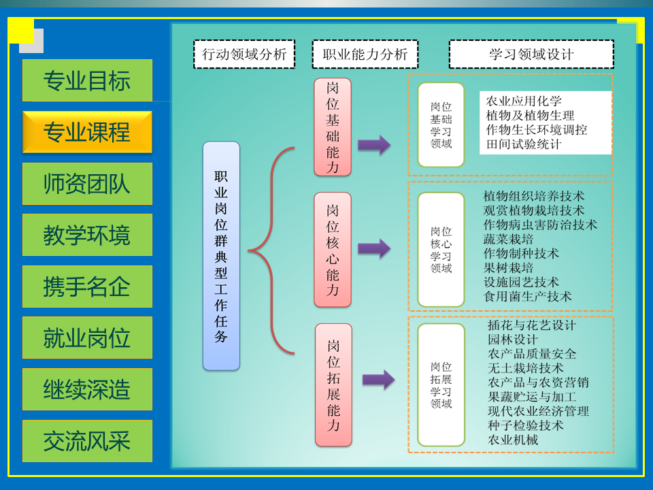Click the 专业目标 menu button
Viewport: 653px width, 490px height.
coord(87,81)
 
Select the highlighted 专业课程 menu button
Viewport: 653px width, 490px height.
coord(87,132)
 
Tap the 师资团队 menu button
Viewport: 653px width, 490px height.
coord(87,184)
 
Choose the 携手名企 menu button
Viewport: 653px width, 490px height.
coord(87,287)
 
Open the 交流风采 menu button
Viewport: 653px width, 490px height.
coord(87,441)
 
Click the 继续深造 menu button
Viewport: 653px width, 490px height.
coord(87,390)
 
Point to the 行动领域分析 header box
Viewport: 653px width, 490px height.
coord(244,54)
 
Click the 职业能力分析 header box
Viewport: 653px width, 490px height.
coord(365,54)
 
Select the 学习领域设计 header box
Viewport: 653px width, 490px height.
coord(531,54)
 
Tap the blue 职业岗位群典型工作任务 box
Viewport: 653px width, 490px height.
coord(221,256)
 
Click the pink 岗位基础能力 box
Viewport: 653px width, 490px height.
coord(333,127)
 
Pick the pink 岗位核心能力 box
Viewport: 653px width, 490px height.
coord(333,250)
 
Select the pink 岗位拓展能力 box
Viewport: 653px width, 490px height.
coord(333,385)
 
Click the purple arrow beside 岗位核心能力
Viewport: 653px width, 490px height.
coord(374,248)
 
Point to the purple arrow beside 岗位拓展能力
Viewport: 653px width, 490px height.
coord(378,380)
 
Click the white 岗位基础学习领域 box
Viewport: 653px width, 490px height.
coord(441,125)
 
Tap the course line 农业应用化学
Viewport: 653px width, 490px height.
coord(524,101)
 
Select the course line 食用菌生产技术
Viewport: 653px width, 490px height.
coord(527,296)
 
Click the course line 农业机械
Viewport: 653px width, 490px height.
coord(513,440)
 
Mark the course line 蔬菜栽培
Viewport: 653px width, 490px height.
coord(508,239)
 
